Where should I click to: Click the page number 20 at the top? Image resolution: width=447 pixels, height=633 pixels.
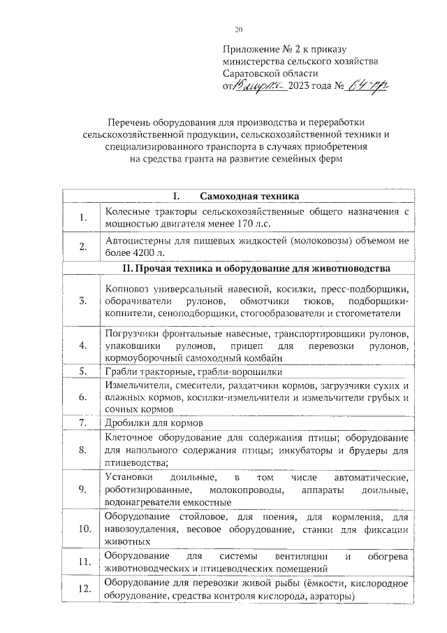[238, 29]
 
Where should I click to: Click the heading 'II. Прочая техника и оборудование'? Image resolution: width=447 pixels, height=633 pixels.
[256, 268]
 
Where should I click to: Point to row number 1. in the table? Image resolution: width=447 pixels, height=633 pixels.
[82, 218]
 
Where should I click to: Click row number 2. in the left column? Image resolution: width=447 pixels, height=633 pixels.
[82, 246]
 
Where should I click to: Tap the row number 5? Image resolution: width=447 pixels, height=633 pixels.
[82, 371]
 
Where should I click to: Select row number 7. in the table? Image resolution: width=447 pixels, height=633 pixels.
[82, 423]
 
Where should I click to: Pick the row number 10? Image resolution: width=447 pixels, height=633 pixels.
[82, 529]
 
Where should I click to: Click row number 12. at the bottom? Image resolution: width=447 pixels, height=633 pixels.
[82, 590]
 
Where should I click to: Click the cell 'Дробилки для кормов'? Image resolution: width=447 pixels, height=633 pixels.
[154, 424]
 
